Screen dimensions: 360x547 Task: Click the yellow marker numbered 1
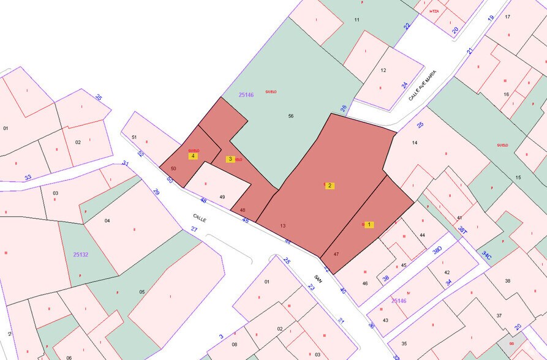pos(369,225)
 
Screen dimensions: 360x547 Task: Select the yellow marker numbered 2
pos(330,186)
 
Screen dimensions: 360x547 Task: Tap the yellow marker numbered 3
pos(230,159)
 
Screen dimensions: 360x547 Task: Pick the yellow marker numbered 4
pos(193,156)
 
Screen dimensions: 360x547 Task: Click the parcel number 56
pos(291,116)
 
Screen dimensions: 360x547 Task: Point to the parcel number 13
pos(282,226)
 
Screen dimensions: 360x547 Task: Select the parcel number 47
pos(336,254)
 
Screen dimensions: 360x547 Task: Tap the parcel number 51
pos(134,137)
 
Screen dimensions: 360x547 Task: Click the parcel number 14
pos(415,143)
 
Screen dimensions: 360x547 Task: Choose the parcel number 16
pos(506,94)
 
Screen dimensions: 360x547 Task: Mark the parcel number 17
pos(507,17)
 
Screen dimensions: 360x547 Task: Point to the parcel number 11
pos(356,20)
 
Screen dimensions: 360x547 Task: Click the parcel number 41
pos(459,218)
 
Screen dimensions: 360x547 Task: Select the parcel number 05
pos(142,292)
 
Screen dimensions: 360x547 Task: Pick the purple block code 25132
pos(81,254)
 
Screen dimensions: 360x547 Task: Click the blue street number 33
pos(28,178)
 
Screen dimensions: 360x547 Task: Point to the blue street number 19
pos(490,18)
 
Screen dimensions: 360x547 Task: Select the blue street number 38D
pos(437,250)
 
